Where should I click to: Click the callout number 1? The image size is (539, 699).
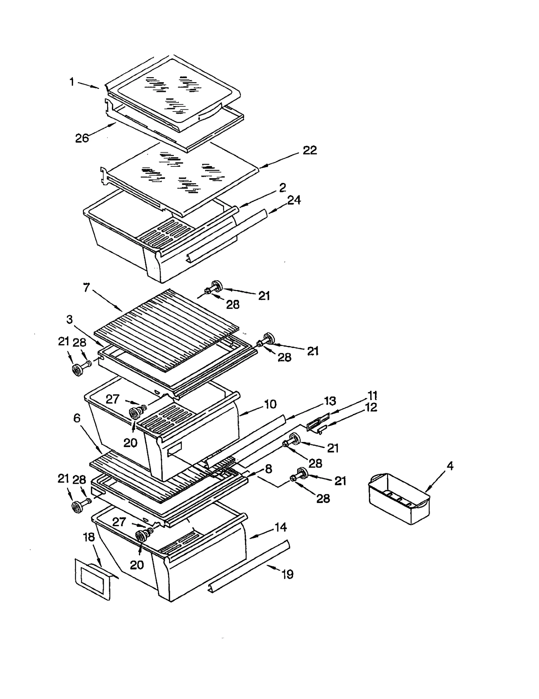coord(72,82)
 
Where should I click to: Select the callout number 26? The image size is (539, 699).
coord(82,138)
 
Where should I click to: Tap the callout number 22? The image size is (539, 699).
coord(310,150)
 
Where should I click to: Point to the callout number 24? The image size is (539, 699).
coord(294,200)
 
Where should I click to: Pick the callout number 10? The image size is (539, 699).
coord(270,404)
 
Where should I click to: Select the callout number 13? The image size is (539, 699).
coord(330,401)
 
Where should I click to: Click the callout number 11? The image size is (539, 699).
coord(372,395)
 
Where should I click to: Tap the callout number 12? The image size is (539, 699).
coord(371,407)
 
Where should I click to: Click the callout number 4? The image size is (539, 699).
coord(450,466)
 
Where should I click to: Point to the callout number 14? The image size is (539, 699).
coord(280,527)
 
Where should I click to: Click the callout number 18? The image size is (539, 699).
coord(89,537)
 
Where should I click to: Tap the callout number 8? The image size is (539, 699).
coord(268,469)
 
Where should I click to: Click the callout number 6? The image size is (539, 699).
coord(77,418)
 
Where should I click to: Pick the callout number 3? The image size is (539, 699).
coord(69,319)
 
